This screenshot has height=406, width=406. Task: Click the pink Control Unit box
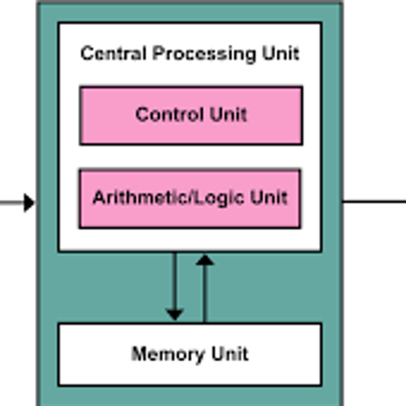pos(191,115)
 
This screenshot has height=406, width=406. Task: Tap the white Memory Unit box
pos(189,354)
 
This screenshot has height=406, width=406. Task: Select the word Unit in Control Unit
pos(228,114)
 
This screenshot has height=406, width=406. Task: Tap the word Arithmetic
pos(130,198)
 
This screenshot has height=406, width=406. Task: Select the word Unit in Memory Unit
pos(228,355)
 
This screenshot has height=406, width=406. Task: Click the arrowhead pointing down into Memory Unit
pos(174,314)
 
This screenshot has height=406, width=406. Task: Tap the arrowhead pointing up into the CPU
pos(205,260)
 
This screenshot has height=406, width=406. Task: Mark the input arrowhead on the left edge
pos(30,202)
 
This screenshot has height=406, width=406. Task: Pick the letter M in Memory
pos(137,355)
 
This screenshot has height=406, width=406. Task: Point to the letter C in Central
pos(85,54)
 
